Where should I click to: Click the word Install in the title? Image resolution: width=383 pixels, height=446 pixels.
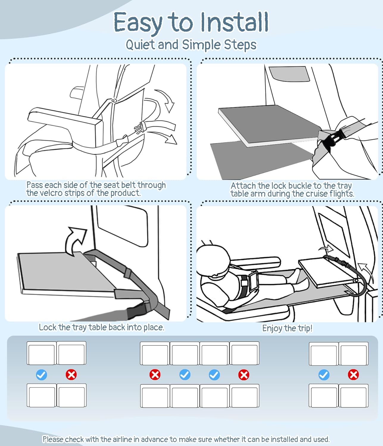click(x=235, y=22)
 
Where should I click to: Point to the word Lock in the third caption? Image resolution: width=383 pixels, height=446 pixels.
click(x=47, y=327)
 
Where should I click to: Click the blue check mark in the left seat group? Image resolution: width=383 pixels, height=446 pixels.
click(x=41, y=375)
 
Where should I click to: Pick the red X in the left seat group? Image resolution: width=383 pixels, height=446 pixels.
click(x=71, y=375)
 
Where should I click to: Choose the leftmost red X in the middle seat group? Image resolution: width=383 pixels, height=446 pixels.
click(x=155, y=375)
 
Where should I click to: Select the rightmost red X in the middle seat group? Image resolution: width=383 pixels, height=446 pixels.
click(x=244, y=375)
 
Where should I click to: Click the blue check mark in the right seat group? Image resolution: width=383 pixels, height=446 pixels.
click(x=324, y=375)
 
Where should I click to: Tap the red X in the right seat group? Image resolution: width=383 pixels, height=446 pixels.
click(x=354, y=375)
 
